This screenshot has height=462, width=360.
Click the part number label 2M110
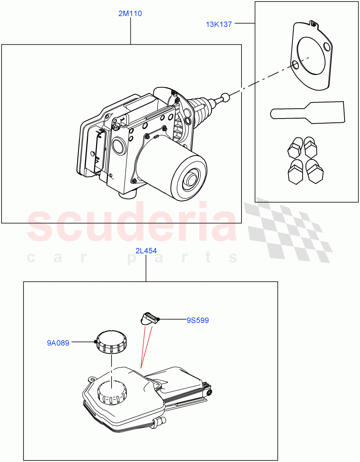click(130, 14)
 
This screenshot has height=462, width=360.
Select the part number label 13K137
click(218, 24)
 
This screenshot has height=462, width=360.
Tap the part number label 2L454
click(146, 251)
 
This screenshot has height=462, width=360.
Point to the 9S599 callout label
click(198, 320)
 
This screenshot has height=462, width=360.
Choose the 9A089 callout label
click(58, 343)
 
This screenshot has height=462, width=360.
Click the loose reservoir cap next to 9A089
click(112, 341)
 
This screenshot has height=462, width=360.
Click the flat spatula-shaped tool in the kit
click(308, 113)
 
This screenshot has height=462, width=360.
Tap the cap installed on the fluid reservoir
click(112, 392)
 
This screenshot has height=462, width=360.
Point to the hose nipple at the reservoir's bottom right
click(160, 421)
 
